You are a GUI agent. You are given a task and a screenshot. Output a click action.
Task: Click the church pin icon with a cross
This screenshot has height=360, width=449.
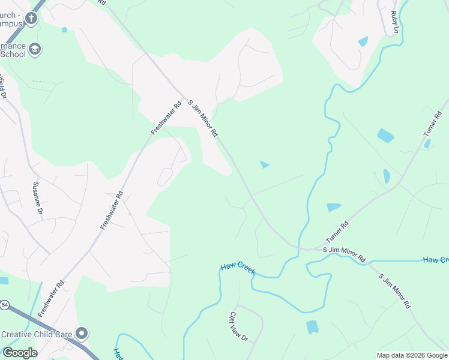[31, 18]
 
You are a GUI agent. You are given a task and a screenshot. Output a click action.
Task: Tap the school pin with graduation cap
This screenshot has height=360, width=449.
[35, 49]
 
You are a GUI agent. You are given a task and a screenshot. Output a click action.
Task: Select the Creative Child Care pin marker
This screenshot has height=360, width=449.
[82, 334]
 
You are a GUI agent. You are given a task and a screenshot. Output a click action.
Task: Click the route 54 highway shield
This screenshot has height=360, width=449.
[5, 305]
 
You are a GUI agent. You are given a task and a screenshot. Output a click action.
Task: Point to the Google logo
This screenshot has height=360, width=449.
[20, 353]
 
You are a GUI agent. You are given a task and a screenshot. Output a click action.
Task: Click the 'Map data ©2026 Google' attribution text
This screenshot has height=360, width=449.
[412, 355]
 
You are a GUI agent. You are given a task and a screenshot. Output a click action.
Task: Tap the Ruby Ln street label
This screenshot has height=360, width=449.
[395, 22]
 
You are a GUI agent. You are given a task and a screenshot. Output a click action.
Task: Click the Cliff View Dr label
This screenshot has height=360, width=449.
[238, 326]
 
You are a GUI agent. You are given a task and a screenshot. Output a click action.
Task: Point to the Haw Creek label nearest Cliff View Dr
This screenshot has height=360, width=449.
[238, 268]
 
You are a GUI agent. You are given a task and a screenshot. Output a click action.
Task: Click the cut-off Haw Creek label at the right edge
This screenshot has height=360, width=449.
[436, 260]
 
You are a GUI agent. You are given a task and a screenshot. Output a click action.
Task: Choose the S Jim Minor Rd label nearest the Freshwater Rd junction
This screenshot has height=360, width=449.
[202, 118]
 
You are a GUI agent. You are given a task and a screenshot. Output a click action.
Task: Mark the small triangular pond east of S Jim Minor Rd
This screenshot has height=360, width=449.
[264, 164]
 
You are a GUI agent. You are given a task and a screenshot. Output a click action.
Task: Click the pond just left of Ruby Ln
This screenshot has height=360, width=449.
[363, 41]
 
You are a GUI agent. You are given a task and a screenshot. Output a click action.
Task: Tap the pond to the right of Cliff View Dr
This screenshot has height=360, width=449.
[312, 327]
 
